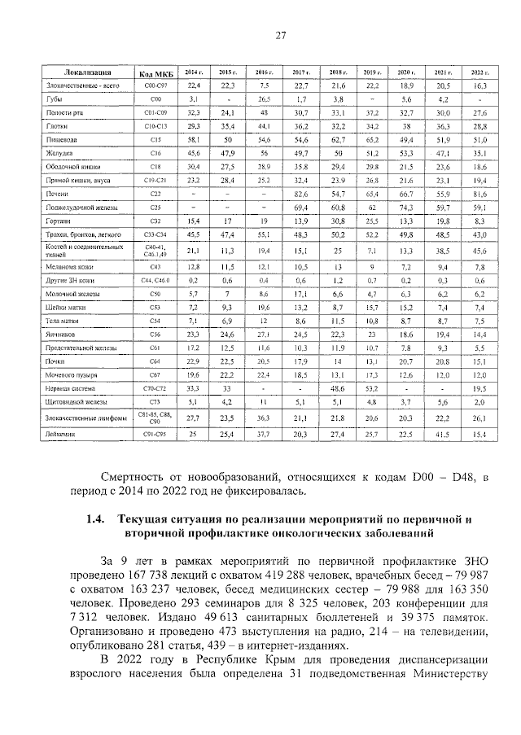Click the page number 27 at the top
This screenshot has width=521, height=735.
click(279, 34)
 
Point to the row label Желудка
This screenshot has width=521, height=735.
click(59, 152)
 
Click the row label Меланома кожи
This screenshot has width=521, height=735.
click(69, 265)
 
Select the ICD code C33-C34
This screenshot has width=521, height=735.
click(149, 234)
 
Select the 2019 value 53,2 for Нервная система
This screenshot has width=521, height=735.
click(371, 389)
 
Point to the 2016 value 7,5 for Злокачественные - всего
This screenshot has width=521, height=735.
click(264, 85)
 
